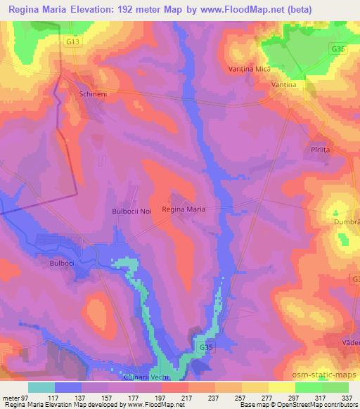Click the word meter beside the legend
pos(10,397)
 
